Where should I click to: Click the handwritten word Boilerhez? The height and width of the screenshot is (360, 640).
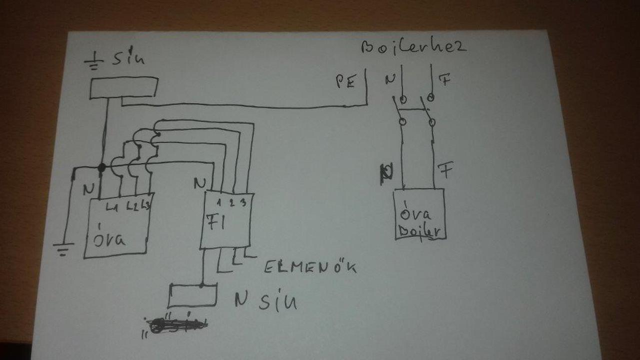413,47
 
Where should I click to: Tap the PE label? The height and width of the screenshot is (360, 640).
344,82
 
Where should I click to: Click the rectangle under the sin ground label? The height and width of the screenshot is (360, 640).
123,87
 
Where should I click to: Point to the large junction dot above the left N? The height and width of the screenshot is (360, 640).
101,168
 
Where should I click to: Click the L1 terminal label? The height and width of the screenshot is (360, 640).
112,205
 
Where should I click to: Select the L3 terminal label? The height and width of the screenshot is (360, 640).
146,205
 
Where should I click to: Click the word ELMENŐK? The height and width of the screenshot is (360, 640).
310,267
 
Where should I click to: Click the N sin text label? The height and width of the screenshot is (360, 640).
265,300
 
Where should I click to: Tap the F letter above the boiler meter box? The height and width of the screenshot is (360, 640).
445,170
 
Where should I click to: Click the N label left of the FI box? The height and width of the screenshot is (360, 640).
199,183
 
